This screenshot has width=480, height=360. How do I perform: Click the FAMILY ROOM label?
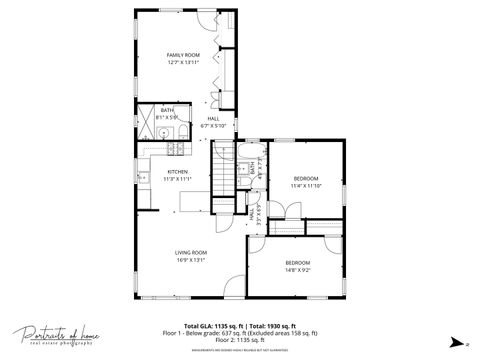tap(184, 54)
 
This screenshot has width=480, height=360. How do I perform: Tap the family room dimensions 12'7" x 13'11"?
tap(184, 62)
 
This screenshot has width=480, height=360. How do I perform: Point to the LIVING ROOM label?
tap(190, 252)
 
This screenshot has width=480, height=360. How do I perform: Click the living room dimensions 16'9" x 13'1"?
tap(190, 260)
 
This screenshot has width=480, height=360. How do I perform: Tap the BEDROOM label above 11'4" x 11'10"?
tap(305, 178)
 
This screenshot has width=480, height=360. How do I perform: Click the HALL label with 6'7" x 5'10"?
tap(213, 119)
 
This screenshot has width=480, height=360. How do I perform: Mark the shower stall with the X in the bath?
tap(144, 112)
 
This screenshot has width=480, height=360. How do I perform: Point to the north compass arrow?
tap(458, 341)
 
